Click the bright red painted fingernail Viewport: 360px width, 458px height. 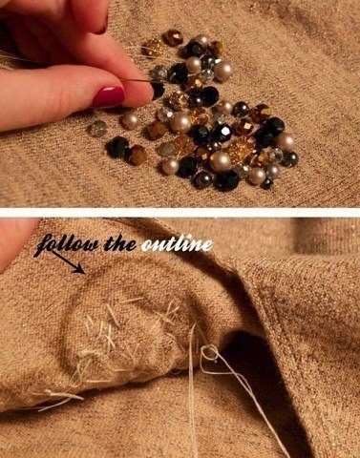point(108,96)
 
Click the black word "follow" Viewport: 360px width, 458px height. point(69,244)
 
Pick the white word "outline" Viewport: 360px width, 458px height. point(177,244)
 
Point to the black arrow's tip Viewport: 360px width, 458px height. point(84,273)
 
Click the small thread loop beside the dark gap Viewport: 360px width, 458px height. point(210,353)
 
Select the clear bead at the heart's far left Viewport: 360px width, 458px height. point(97,129)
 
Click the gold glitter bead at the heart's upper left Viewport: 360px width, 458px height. point(152,48)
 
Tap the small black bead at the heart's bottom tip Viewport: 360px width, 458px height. point(266,183)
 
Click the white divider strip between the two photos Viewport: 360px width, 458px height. point(180,213)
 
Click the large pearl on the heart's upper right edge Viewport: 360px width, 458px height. point(222,72)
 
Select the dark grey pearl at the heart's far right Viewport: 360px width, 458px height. point(289,159)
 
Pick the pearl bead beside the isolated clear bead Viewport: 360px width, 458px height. point(130,121)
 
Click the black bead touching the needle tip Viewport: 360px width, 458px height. point(159,90)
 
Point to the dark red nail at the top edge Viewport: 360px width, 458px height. point(102,26)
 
